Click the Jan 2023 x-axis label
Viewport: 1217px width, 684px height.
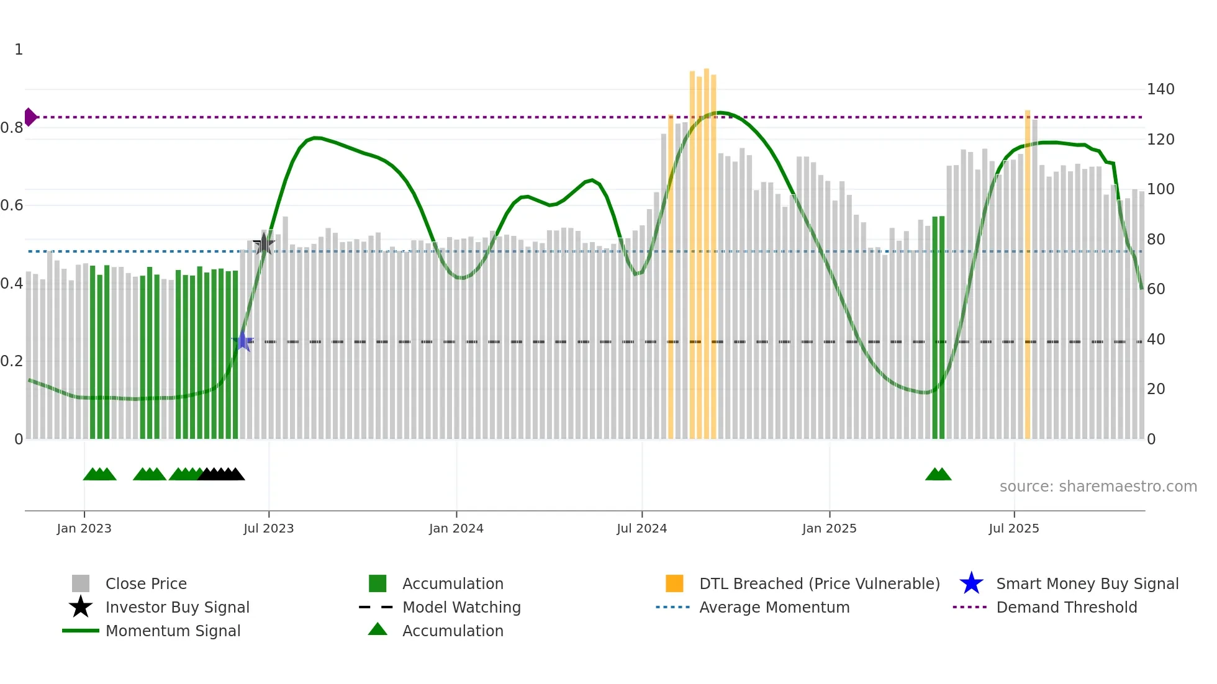(x=84, y=528)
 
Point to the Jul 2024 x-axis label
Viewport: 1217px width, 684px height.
(x=641, y=528)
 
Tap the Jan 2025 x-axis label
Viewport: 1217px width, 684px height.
(x=829, y=528)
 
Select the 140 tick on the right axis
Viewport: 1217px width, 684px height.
(x=1160, y=89)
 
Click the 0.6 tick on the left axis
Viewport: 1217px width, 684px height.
(x=12, y=205)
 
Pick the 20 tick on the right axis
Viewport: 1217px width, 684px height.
(x=1156, y=389)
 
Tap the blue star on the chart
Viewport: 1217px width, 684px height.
(x=243, y=341)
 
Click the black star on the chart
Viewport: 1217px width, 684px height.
(x=264, y=244)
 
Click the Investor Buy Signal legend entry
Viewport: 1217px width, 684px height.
(x=177, y=607)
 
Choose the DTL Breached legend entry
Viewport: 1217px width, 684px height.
(x=819, y=583)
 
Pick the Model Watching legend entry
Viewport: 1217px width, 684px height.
(x=461, y=607)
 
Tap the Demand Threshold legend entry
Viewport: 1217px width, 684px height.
(x=1066, y=607)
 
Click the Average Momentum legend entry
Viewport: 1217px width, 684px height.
(x=774, y=607)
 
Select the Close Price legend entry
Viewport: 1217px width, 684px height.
(x=145, y=583)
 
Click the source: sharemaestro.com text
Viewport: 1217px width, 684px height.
(x=1098, y=487)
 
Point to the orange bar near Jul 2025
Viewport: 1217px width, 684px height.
(x=1027, y=273)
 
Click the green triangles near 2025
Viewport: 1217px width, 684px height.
(x=938, y=474)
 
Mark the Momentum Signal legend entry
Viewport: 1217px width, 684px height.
(x=173, y=631)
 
